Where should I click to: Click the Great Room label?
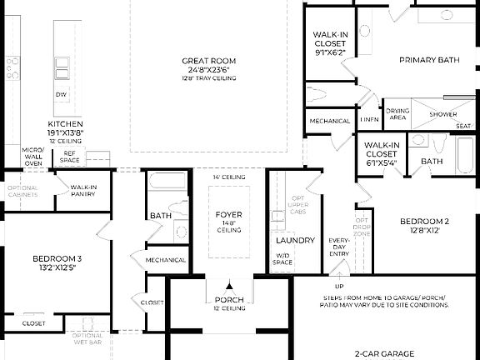[209, 61]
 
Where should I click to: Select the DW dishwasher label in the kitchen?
[61, 95]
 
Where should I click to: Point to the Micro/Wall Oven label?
[32, 156]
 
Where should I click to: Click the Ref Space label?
[70, 156]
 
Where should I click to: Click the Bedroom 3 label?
[57, 258]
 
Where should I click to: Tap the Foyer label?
[228, 215]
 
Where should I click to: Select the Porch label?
[228, 300]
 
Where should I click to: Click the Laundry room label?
[295, 241]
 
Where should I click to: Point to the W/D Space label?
[282, 260]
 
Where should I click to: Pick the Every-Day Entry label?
[338, 247]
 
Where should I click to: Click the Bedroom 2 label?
[424, 221]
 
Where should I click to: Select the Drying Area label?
[397, 114]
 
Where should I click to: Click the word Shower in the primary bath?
[442, 114]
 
